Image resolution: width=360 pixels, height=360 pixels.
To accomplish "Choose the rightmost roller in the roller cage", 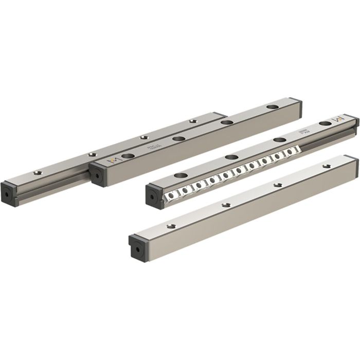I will (x=295, y=149).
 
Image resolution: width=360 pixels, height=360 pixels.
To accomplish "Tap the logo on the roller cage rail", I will (x=338, y=119).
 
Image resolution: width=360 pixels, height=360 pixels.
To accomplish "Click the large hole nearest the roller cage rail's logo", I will (x=324, y=124).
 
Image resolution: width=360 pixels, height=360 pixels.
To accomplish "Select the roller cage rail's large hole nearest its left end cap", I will (x=182, y=175).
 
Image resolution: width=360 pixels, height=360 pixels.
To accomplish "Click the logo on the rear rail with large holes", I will (x=111, y=161).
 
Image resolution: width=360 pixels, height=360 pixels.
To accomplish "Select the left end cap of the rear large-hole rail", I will (x=96, y=174).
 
